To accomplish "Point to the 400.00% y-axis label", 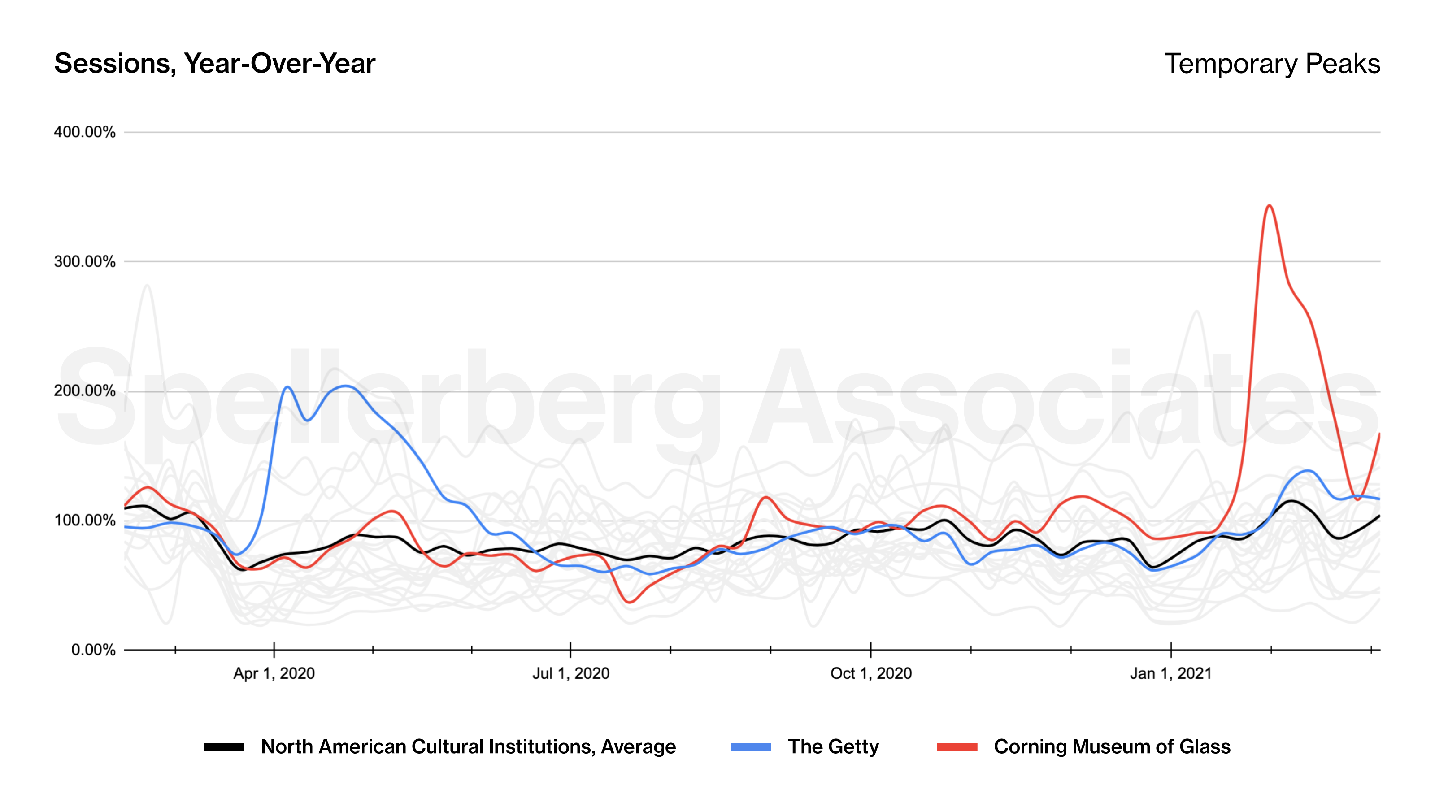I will [x=85, y=132].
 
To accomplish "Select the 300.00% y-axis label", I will [x=85, y=262].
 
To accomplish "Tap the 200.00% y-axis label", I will [x=85, y=391].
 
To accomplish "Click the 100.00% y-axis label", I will [x=85, y=521].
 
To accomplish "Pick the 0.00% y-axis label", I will [x=93, y=650].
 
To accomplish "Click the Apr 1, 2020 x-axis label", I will [x=274, y=673].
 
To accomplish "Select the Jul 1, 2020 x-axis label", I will [x=570, y=673].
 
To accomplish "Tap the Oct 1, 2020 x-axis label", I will [x=871, y=673].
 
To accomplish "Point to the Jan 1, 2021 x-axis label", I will [x=1170, y=673].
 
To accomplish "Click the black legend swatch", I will [x=224, y=747].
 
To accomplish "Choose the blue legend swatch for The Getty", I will [x=750, y=747].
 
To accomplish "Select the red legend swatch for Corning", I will [x=957, y=747].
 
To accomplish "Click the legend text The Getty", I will [x=833, y=747].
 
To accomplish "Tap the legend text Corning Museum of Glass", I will [x=1112, y=747].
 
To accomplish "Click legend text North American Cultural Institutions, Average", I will [x=468, y=747].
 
